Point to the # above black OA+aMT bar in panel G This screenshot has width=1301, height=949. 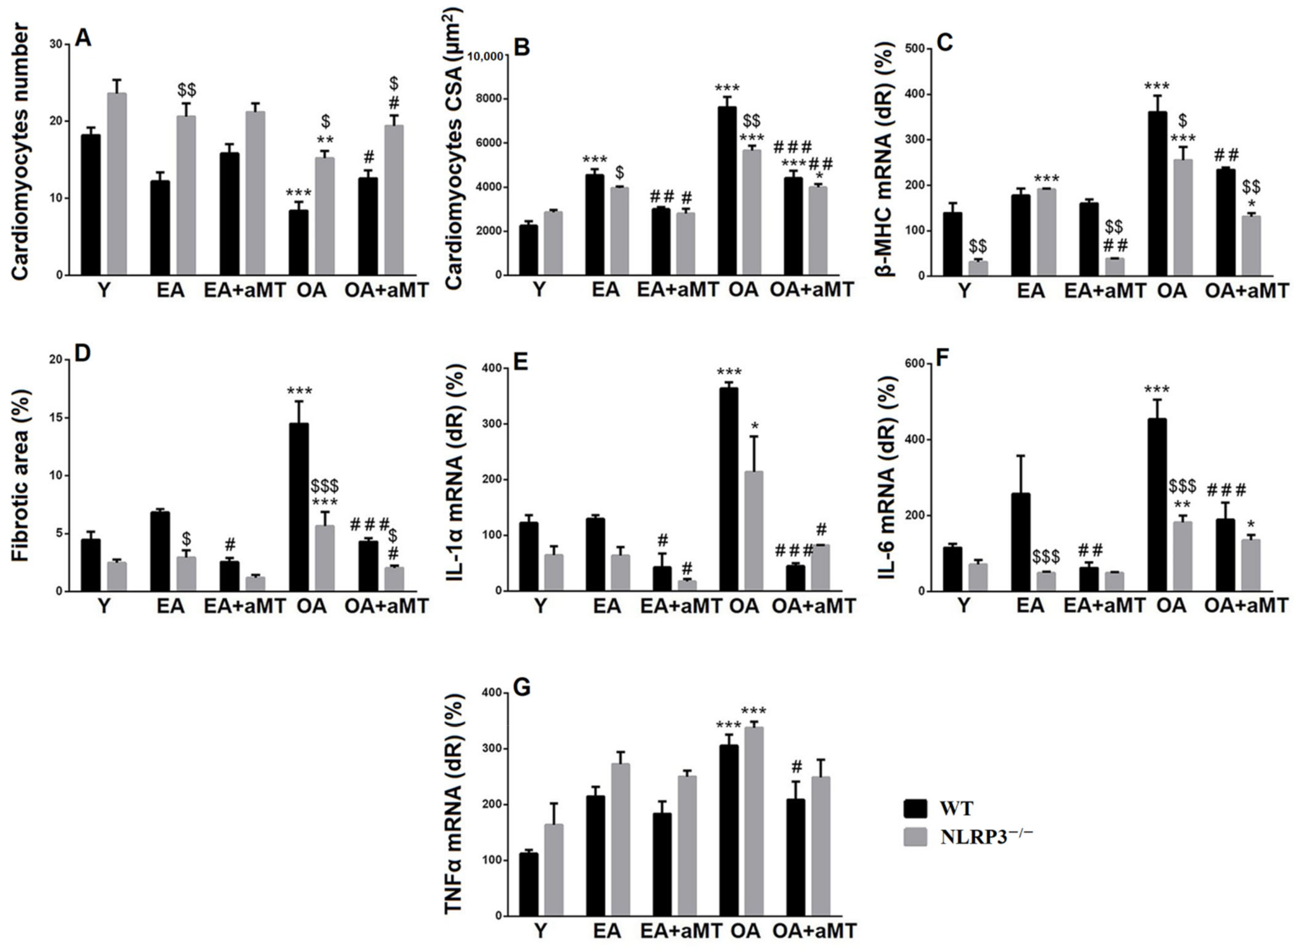(x=796, y=767)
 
